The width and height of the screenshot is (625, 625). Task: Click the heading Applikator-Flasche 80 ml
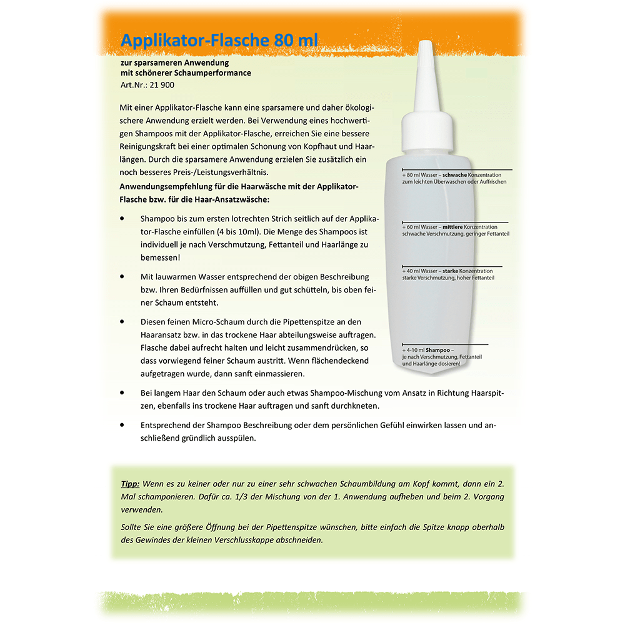[x=219, y=41]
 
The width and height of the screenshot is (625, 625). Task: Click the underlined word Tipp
[x=130, y=484]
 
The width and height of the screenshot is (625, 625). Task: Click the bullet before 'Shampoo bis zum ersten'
[x=122, y=219]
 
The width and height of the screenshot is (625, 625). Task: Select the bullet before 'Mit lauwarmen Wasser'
[x=122, y=276]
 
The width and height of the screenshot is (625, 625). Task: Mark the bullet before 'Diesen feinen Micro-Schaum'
[x=122, y=321]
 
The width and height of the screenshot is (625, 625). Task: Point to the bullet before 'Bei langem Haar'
[x=122, y=392]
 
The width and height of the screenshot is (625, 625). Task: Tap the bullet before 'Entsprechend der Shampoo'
[x=122, y=425]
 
